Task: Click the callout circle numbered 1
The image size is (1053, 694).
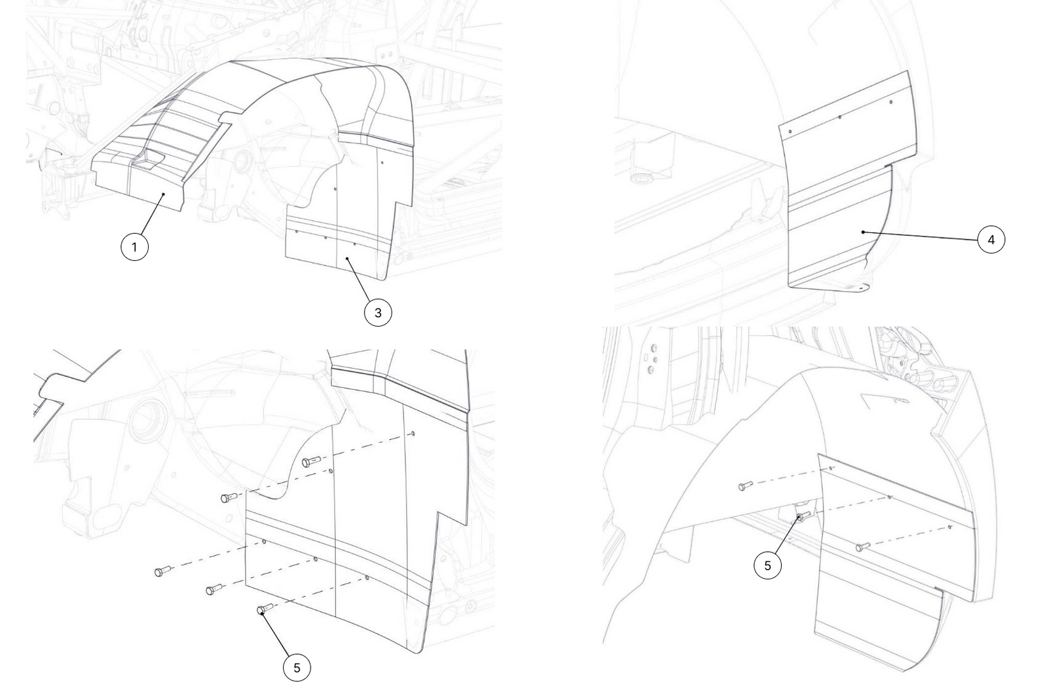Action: [x=134, y=246]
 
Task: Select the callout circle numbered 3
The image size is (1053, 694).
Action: [x=378, y=313]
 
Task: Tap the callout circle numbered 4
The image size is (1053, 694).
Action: [x=991, y=240]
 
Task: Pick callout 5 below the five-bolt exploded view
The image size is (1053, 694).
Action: [x=297, y=668]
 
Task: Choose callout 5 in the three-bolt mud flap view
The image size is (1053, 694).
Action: [x=767, y=565]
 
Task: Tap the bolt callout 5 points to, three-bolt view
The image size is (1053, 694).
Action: [x=803, y=516]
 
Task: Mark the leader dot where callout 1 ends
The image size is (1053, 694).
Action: [x=163, y=194]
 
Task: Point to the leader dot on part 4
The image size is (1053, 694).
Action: [x=863, y=232]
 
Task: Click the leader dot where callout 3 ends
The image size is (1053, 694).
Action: [x=347, y=258]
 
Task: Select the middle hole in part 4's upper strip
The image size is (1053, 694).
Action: [x=840, y=117]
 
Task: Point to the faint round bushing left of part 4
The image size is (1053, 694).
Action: [x=640, y=178]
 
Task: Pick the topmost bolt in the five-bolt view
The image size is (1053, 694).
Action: [x=311, y=462]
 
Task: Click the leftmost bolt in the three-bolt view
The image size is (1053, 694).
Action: [x=745, y=486]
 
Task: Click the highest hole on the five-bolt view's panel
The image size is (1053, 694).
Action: [x=413, y=433]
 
